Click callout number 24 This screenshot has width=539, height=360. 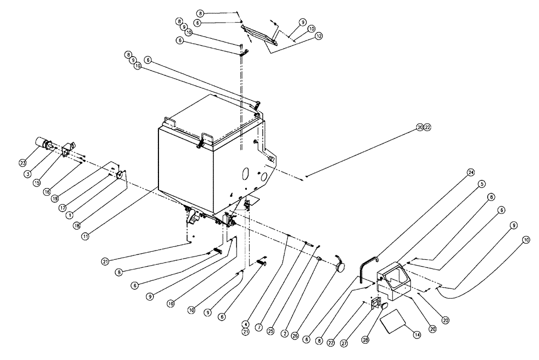471,173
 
